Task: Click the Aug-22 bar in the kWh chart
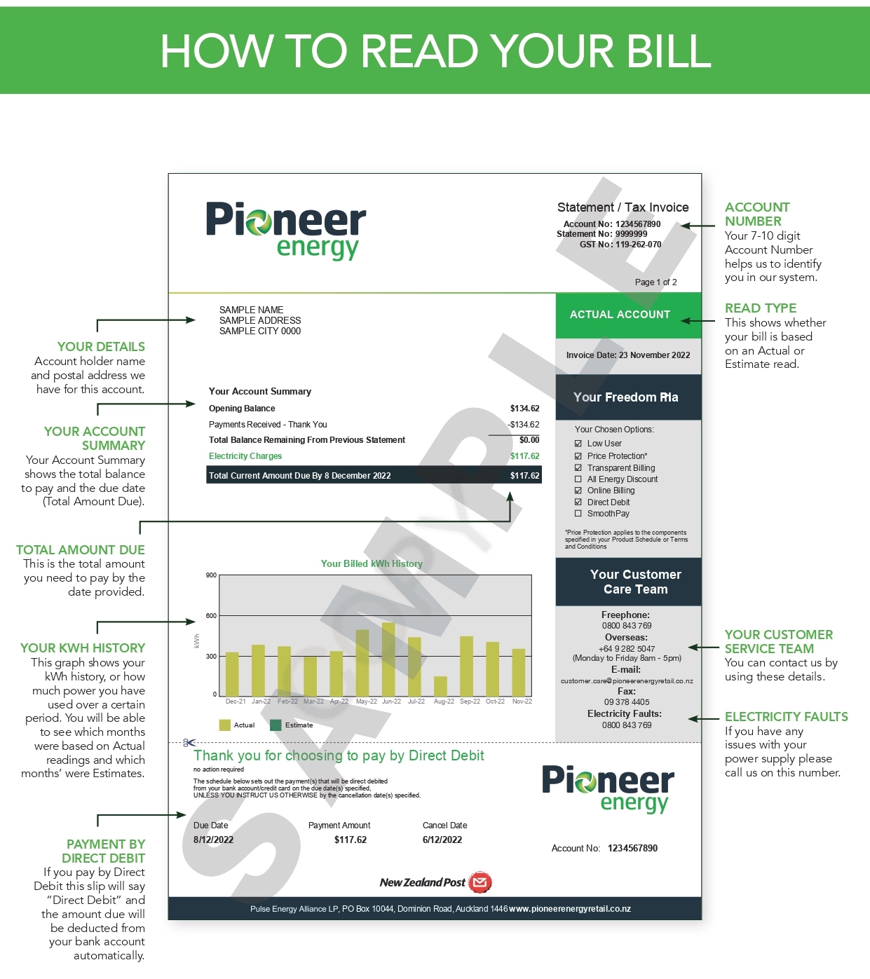tap(440, 686)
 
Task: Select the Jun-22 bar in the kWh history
tap(388, 659)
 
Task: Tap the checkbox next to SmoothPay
tap(578, 514)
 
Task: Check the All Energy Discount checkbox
tap(578, 479)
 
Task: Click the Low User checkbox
tap(578, 444)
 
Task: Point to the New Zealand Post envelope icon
tap(480, 882)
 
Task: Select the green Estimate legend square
tap(276, 725)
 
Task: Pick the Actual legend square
tap(225, 725)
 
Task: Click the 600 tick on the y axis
tap(211, 616)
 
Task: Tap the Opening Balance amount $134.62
tap(524, 409)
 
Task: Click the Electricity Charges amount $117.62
tap(524, 456)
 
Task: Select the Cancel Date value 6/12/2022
tap(442, 840)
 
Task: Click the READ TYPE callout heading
tap(761, 308)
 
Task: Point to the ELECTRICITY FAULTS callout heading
tap(786, 717)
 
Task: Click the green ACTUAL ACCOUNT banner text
tap(620, 315)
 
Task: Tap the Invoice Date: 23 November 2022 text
tap(628, 355)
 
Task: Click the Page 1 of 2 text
tap(655, 282)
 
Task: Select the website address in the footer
tap(570, 909)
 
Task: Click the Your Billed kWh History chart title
tap(372, 563)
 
